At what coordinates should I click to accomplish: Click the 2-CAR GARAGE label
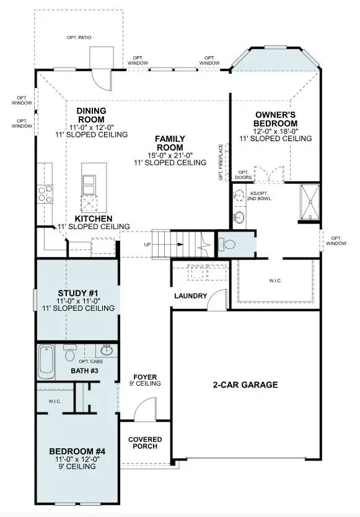pyautogui.click(x=245, y=384)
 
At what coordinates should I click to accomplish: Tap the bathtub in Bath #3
pyautogui.click(x=46, y=362)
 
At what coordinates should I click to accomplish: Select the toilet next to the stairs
pyautogui.click(x=227, y=245)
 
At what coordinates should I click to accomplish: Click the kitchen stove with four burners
pyautogui.click(x=45, y=194)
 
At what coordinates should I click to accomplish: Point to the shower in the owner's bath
pyautogui.click(x=310, y=202)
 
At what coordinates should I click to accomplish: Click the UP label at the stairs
pyautogui.click(x=147, y=245)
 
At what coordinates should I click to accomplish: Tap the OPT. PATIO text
pyautogui.click(x=79, y=38)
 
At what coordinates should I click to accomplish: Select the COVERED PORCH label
pyautogui.click(x=145, y=443)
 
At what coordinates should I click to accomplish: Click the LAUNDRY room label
pyautogui.click(x=191, y=296)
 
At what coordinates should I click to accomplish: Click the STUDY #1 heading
pyautogui.click(x=78, y=293)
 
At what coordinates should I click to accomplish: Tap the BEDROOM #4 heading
pyautogui.click(x=77, y=451)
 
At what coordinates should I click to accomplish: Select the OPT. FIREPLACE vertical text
pyautogui.click(x=221, y=162)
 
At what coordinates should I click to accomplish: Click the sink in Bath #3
pyautogui.click(x=107, y=350)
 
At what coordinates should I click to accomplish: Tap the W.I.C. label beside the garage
pyautogui.click(x=275, y=281)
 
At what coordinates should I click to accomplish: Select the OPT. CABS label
pyautogui.click(x=90, y=362)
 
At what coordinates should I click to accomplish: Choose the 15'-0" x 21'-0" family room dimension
pyautogui.click(x=170, y=155)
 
